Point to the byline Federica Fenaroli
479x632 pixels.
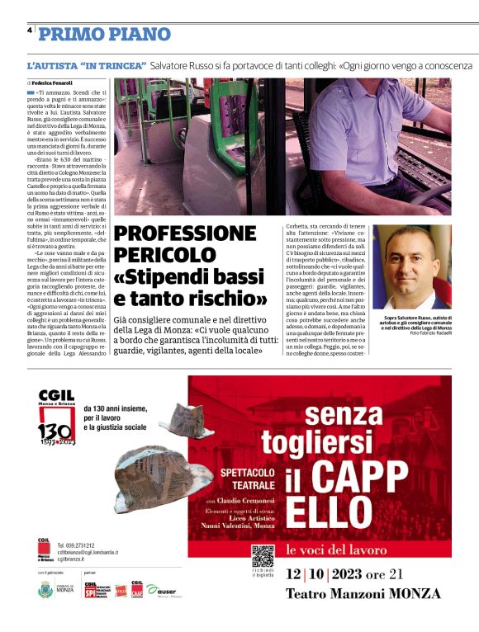coord(53,83)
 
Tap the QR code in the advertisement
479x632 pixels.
coord(263,557)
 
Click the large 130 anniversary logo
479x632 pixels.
coord(57,428)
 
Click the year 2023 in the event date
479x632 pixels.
coord(356,575)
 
